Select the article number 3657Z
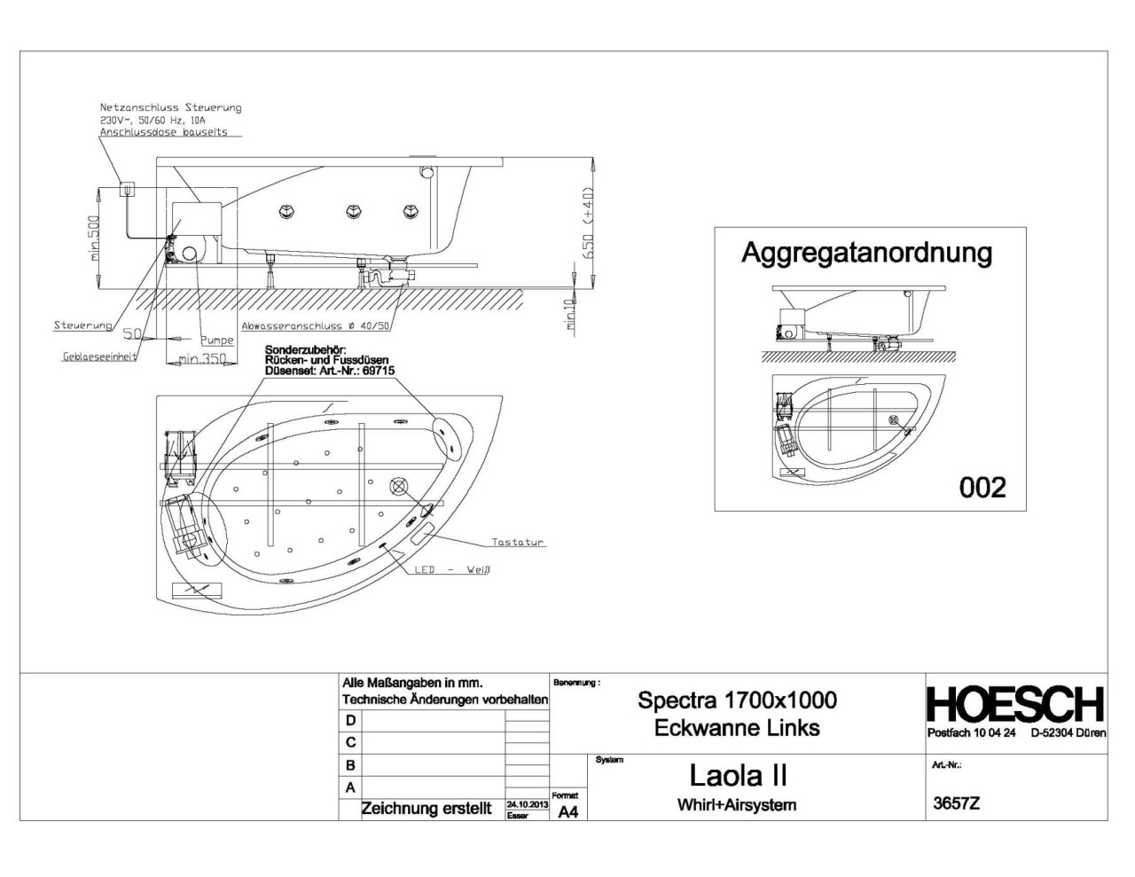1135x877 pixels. pos(957,804)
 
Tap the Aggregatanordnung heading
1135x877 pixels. pos(866,253)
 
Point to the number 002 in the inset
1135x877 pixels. pos(982,487)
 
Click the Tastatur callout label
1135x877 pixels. pos(518,542)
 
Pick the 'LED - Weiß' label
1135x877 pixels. pos(452,569)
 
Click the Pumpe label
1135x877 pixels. pos(216,340)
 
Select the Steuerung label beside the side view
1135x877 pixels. pos(82,325)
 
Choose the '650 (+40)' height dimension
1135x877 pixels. pos(589,223)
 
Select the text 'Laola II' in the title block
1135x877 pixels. pos(738,776)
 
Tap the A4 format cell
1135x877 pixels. pos(567,810)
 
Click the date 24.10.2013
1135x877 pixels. pos(527,803)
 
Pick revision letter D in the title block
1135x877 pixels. pos(351,721)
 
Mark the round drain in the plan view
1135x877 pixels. pos(399,486)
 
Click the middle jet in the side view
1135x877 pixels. pos(353,211)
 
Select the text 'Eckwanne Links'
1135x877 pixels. pos(737,728)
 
